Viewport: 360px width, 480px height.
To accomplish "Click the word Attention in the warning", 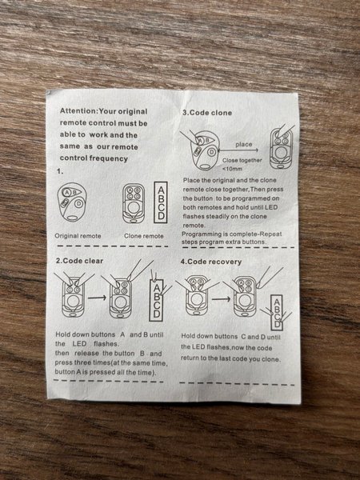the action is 78,111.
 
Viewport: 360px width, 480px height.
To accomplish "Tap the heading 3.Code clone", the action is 207,113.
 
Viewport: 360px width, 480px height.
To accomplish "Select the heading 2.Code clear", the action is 79,261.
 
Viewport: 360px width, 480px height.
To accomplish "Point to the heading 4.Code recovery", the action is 211,262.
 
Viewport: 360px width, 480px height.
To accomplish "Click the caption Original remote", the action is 78,236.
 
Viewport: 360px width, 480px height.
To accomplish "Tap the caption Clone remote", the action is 144,236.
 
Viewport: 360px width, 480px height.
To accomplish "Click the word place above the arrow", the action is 244,145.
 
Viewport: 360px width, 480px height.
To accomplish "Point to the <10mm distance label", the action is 232,169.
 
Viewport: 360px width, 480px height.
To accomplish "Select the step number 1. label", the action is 60,171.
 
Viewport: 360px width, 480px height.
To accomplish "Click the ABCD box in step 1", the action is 161,202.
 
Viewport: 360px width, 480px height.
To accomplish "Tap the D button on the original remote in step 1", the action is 78,203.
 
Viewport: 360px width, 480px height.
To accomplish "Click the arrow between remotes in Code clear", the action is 97,298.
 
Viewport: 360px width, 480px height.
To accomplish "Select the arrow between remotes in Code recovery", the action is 221,298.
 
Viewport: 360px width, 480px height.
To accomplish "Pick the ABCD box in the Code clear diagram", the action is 157,300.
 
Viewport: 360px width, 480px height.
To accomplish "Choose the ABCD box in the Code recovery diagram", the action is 277,313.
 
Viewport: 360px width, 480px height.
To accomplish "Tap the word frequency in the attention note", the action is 109,158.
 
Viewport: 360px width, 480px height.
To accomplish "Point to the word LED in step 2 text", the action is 79,344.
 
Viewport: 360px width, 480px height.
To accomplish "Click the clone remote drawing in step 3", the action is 281,148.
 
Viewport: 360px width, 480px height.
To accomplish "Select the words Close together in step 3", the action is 242,161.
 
